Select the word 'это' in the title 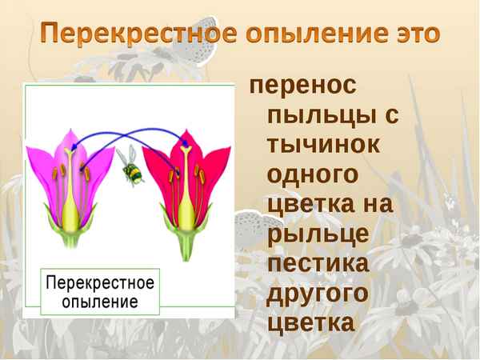[x=413, y=34]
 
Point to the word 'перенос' [x=304, y=86]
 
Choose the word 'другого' [x=318, y=294]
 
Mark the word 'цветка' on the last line [x=311, y=323]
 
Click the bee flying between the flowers [x=130, y=166]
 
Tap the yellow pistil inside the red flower [x=185, y=200]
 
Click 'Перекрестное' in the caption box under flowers [x=100, y=283]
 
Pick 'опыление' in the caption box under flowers [x=100, y=302]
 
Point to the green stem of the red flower [x=185, y=250]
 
